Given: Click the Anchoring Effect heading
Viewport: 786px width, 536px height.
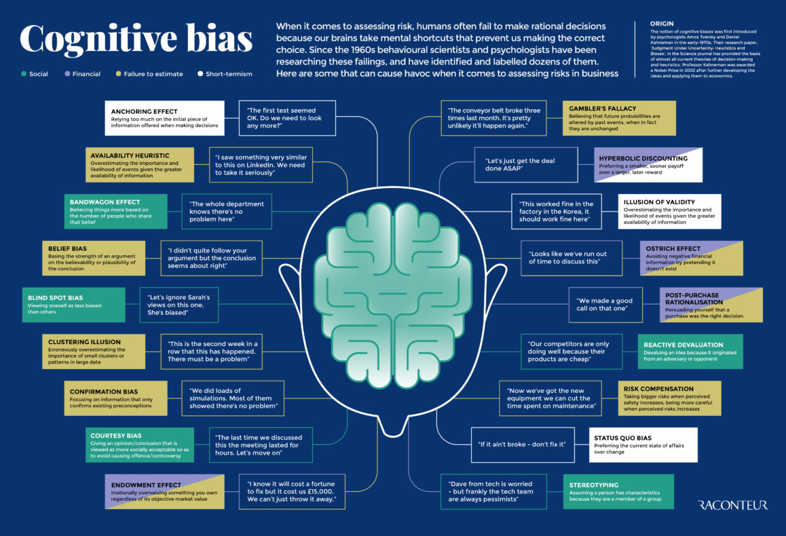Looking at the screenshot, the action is click(x=145, y=112).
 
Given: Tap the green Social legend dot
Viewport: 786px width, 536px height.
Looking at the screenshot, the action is click(x=24, y=74).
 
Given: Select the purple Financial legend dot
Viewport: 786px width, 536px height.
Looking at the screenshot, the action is click(x=67, y=74).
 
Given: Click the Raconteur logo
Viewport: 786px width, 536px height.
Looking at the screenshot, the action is click(x=732, y=505).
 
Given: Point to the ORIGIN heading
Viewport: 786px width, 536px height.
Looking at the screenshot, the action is click(x=662, y=24).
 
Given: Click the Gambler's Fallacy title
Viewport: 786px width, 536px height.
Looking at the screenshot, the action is click(x=602, y=108).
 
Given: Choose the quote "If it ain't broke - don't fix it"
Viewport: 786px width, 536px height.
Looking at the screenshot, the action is click(x=522, y=444).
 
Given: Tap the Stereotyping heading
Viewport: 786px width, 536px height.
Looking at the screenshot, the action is click(x=593, y=485).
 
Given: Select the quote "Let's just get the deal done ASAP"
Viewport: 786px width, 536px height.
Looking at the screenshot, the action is click(x=520, y=164).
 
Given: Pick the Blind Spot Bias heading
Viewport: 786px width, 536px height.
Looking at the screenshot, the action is click(x=55, y=298).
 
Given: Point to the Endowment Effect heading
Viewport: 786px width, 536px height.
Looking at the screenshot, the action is click(x=146, y=485).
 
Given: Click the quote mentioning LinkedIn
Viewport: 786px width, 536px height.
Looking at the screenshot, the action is click(x=261, y=165).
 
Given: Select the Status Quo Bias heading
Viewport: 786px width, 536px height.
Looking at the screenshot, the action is click(x=622, y=438).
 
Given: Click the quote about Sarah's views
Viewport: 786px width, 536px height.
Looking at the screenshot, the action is click(x=179, y=305).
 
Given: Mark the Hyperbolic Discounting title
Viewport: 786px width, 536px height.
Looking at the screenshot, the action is click(x=643, y=158).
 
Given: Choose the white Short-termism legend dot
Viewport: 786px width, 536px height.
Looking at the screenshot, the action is click(x=200, y=74).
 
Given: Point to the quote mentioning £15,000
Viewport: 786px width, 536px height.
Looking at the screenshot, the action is click(x=291, y=491).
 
